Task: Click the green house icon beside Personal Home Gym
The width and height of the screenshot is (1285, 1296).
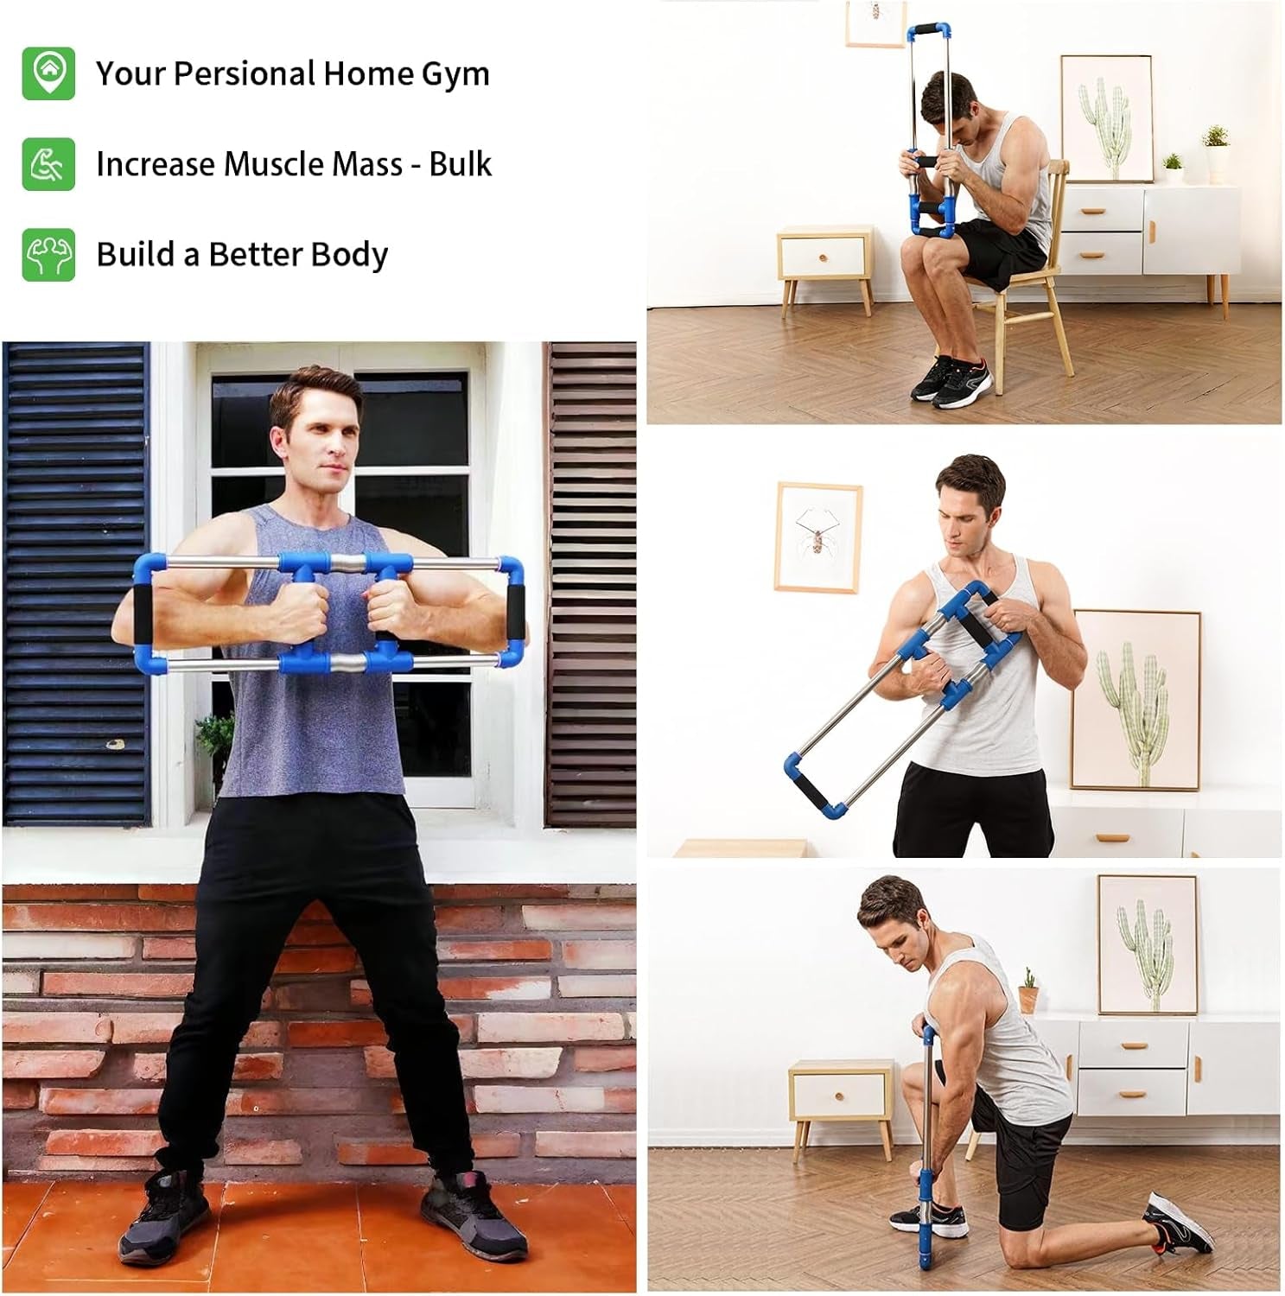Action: [48, 73]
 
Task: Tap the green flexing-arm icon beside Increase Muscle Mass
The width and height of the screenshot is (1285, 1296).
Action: [48, 163]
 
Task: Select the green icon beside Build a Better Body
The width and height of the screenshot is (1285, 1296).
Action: [48, 254]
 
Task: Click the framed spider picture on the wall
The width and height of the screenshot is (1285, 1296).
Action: [817, 537]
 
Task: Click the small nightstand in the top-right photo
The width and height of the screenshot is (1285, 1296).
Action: [825, 259]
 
